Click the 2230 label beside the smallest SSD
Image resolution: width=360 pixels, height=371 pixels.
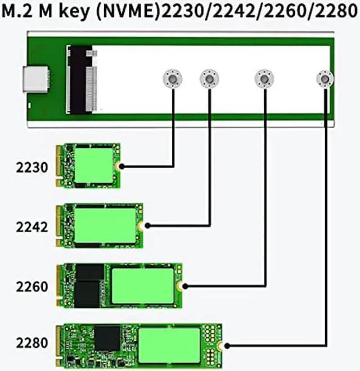31,168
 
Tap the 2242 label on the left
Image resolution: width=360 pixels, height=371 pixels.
31,227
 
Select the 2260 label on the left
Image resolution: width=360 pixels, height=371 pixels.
31,287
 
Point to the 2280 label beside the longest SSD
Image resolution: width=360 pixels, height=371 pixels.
31,342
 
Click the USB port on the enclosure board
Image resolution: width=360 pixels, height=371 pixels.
35,79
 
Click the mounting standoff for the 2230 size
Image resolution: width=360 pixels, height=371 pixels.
173,79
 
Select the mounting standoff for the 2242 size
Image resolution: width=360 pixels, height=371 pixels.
209,79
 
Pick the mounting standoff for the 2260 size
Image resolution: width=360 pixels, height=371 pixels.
264,79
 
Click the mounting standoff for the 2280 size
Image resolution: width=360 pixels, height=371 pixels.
325,79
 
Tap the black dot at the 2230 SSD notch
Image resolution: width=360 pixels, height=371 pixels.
121,166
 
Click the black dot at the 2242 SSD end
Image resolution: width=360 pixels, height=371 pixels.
147,226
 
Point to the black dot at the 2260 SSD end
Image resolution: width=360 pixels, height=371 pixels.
186,286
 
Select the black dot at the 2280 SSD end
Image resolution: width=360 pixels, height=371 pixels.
227,346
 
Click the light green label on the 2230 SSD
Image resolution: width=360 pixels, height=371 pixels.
94,165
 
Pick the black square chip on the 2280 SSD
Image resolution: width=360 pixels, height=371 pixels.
107,338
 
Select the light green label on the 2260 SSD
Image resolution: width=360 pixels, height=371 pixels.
143,286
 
